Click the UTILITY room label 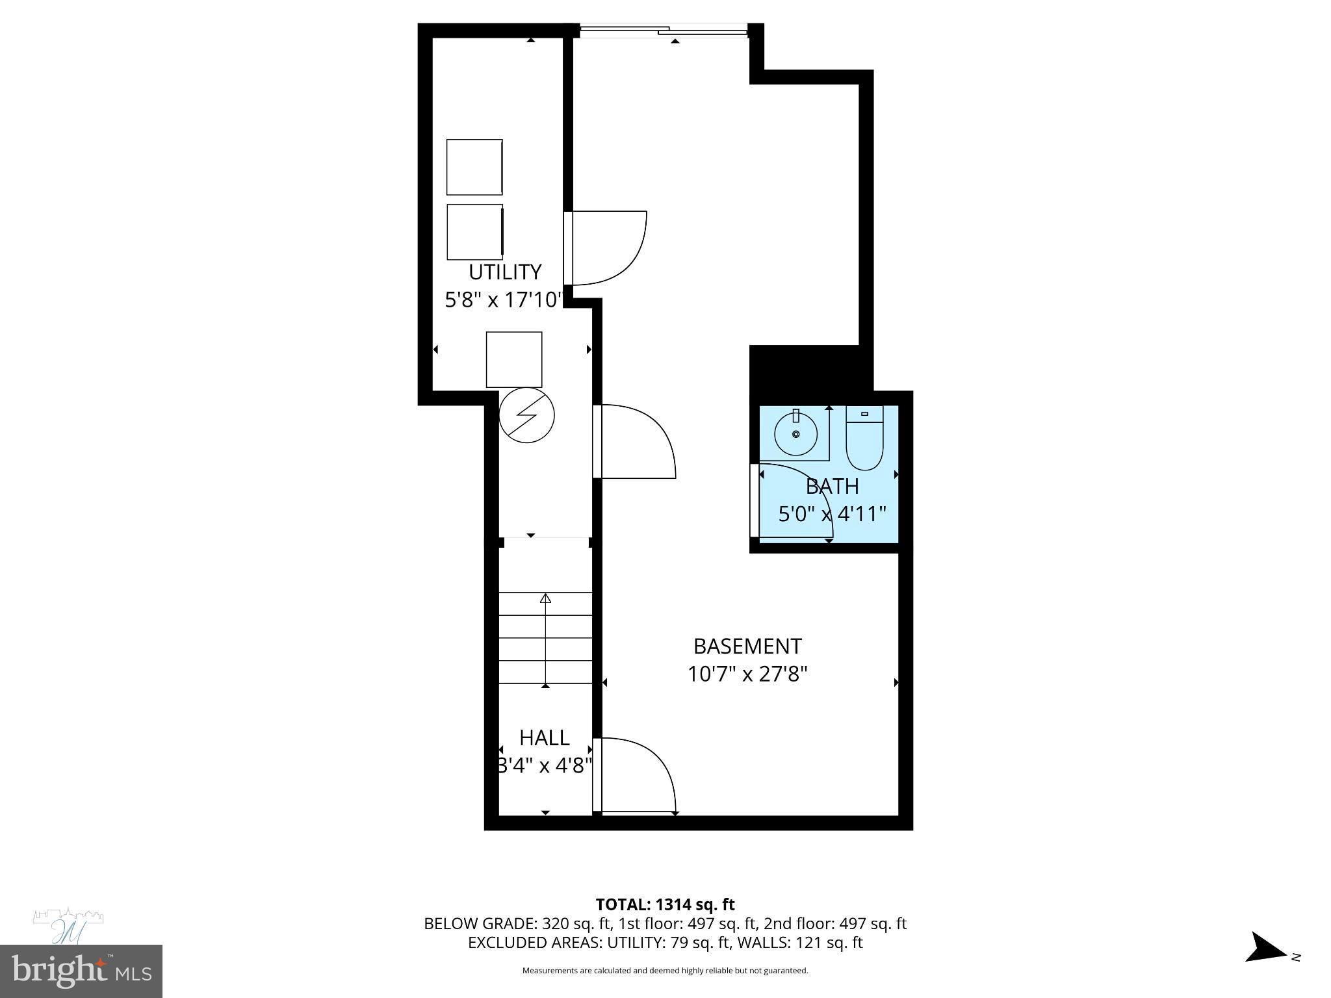505,272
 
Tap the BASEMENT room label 747,646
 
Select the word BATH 832,486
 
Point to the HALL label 545,737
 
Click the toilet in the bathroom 864,439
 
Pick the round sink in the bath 795,433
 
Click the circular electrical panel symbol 526,416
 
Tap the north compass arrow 1267,966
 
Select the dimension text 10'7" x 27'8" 747,674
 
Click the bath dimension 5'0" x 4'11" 832,515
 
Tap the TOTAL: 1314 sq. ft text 665,904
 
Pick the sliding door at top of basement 664,30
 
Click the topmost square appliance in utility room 474,167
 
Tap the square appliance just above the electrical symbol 514,359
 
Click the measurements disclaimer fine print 665,971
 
